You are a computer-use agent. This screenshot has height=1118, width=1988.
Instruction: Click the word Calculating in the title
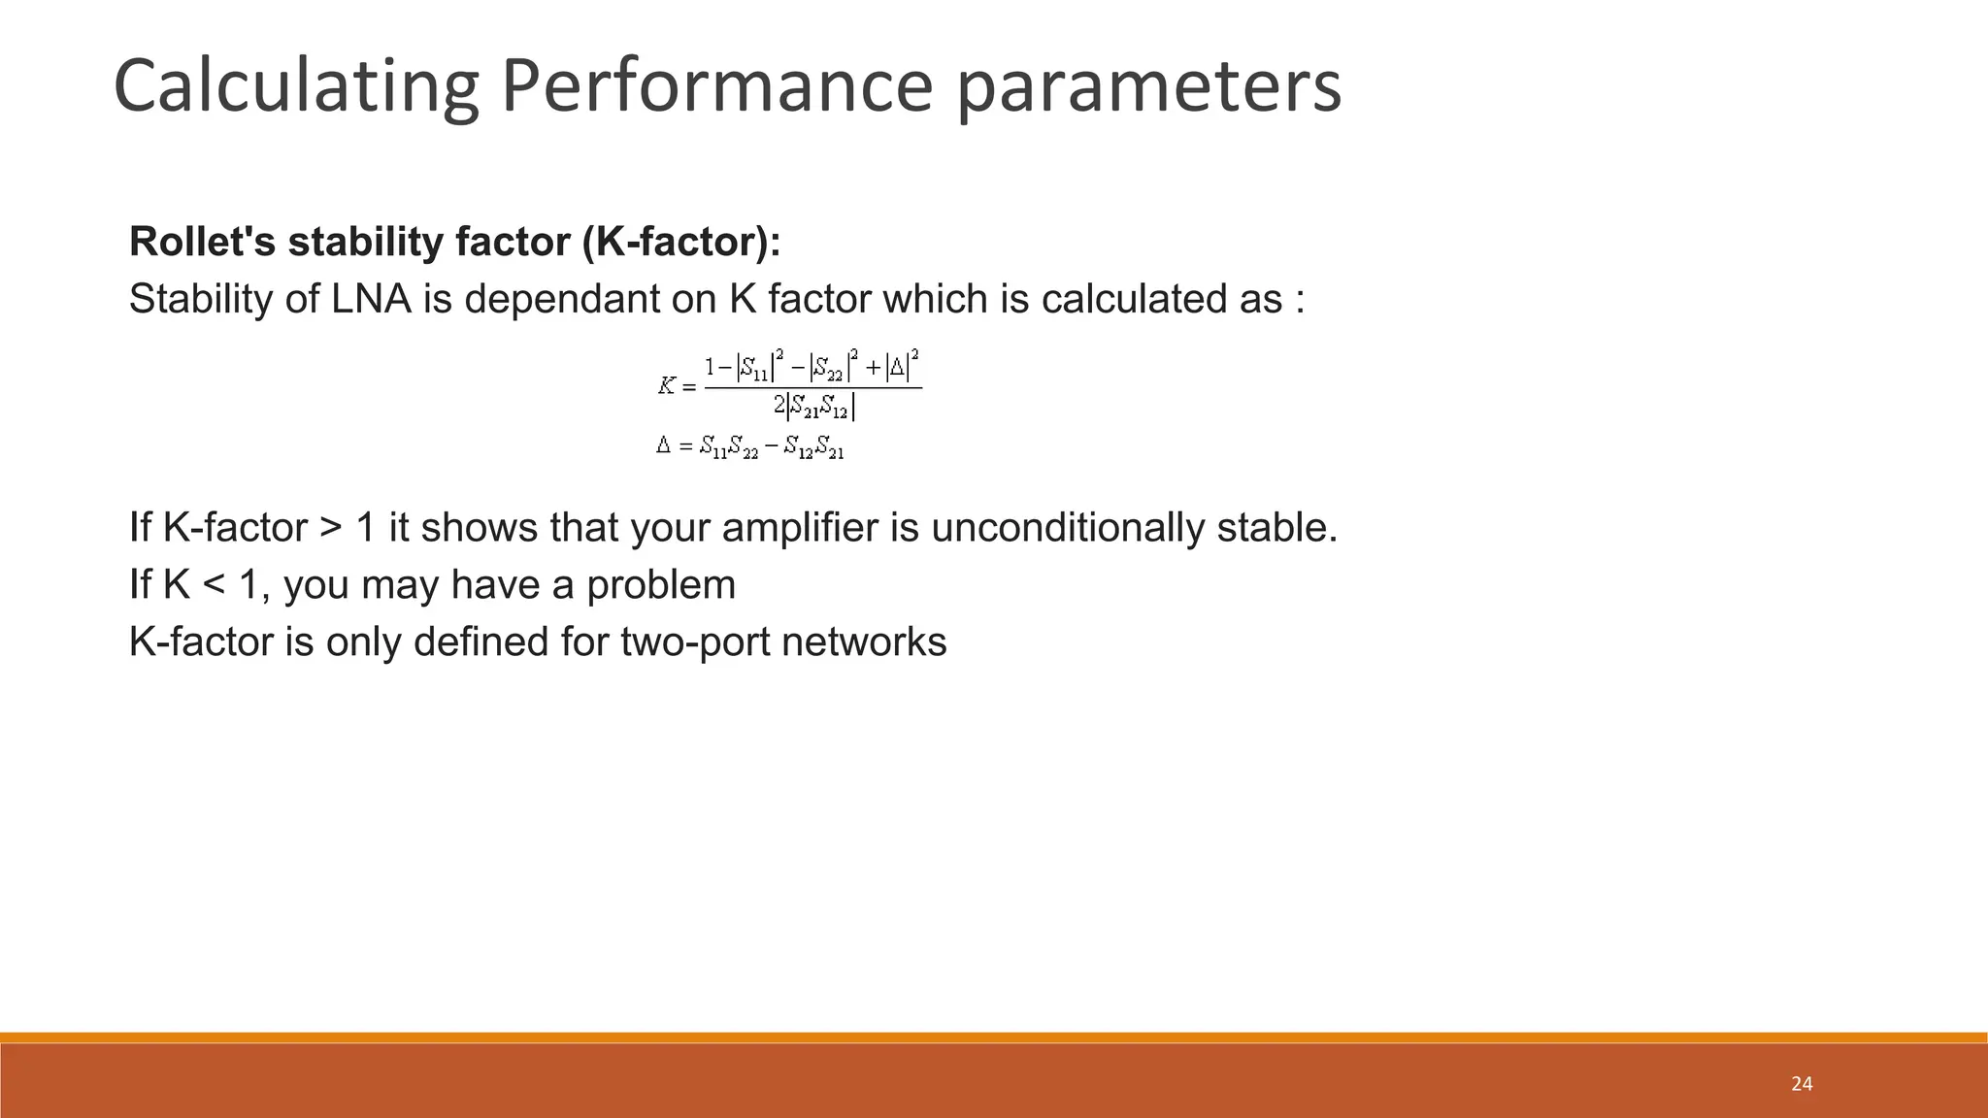(296, 87)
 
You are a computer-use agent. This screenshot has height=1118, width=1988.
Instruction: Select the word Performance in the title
(716, 87)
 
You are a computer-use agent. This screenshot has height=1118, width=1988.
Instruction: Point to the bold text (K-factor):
(681, 242)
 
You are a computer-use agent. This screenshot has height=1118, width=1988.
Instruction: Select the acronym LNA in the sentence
(372, 299)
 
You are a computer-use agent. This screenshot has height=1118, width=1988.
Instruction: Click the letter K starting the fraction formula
(666, 386)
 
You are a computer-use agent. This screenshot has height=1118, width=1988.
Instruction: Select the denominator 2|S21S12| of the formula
(813, 409)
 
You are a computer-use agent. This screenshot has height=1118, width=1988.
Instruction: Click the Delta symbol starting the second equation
(663, 446)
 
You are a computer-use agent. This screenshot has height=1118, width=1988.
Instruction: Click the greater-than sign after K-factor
(330, 529)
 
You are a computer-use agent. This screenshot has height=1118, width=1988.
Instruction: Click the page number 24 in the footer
(1802, 1084)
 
